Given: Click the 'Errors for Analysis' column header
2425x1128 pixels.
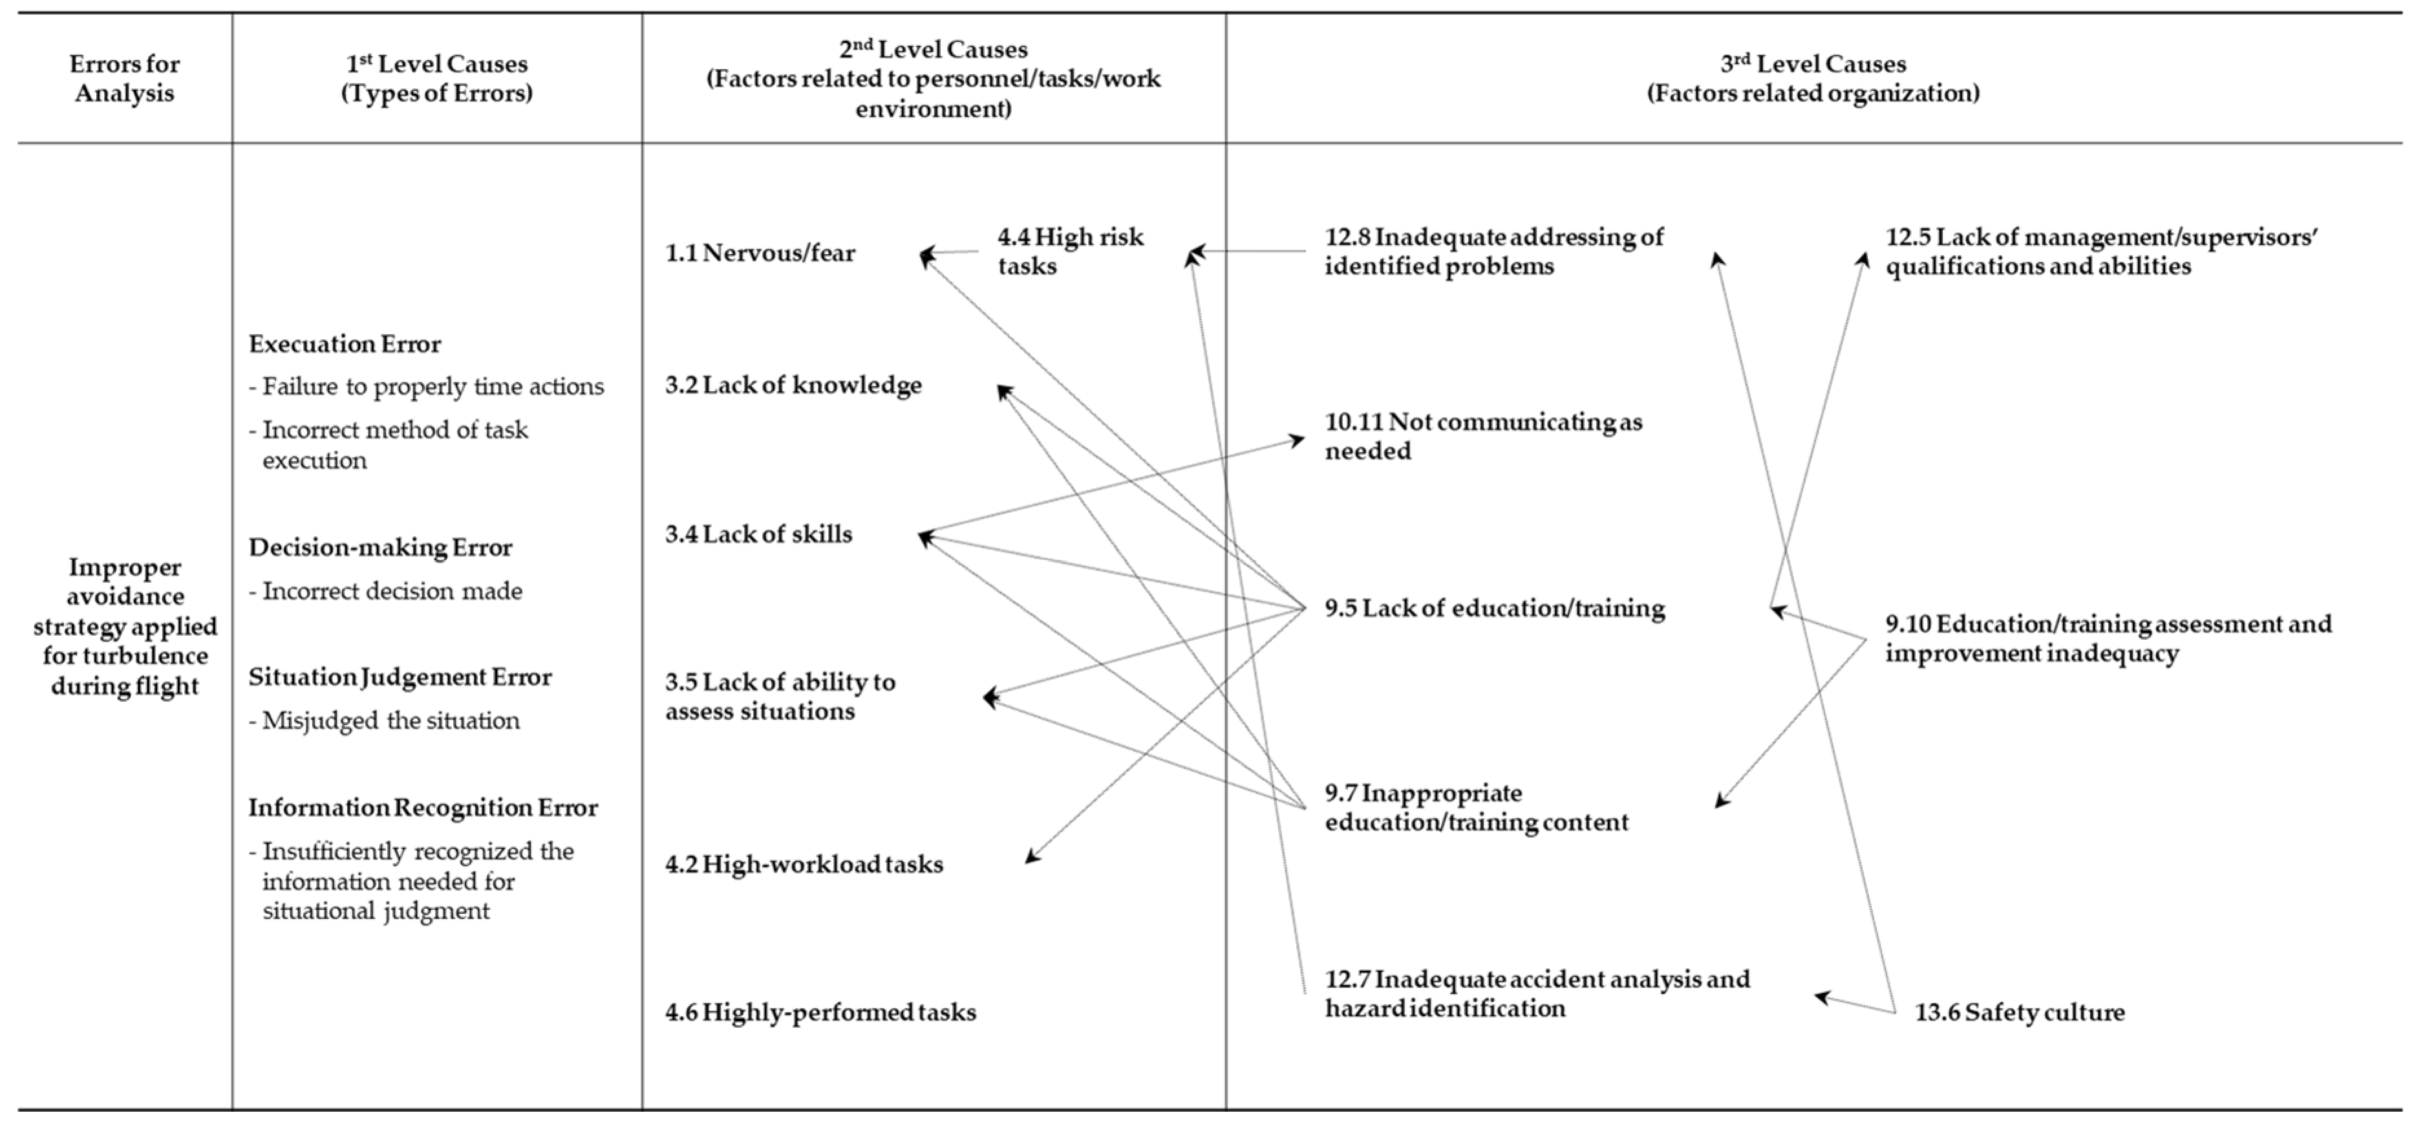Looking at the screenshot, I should point(124,78).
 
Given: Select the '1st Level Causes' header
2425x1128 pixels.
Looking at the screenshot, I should point(437,78).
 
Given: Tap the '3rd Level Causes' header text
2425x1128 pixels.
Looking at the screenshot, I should point(1813,78).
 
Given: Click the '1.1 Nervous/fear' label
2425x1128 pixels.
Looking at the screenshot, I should point(760,252).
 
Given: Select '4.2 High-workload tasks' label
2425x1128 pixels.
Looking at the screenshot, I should point(804,863).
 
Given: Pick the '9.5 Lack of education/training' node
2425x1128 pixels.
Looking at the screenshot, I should point(1494,608).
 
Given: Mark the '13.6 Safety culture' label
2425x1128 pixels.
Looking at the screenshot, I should point(2019,1012).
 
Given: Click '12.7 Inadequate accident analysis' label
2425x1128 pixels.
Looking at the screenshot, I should point(1536,993).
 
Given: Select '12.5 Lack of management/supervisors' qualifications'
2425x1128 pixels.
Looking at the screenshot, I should point(2100,252).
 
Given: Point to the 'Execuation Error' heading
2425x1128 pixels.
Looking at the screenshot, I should point(345,343).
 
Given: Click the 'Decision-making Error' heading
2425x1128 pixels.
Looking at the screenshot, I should point(380,547).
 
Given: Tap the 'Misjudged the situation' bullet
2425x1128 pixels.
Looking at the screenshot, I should point(390,721).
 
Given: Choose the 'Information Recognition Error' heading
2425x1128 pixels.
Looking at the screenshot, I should point(423,807).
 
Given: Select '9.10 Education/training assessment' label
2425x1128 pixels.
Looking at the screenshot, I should point(2107,638).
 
